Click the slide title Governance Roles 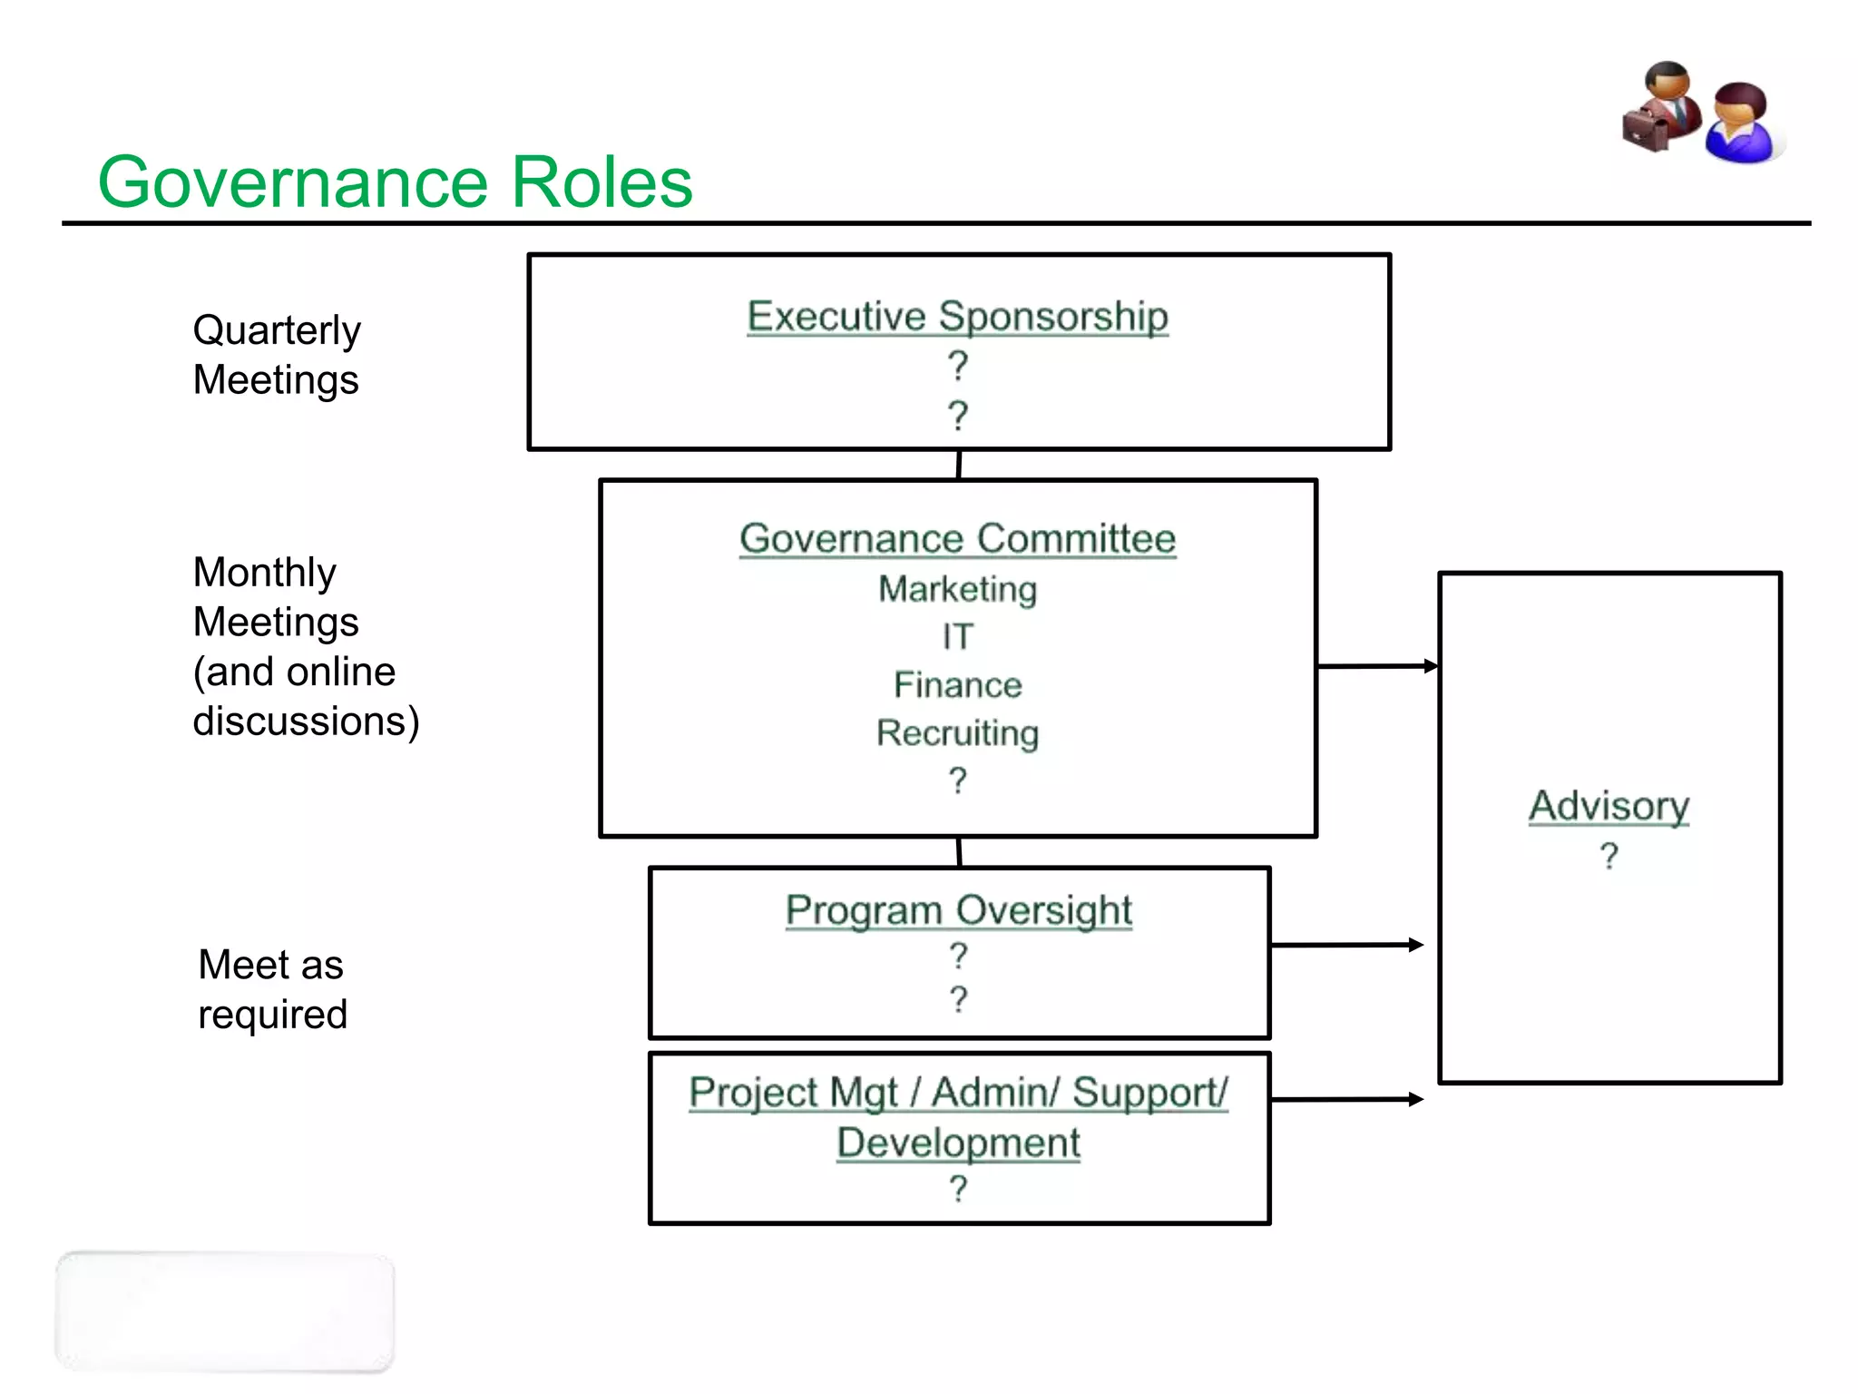pyautogui.click(x=395, y=182)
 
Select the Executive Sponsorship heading pyautogui.click(x=957, y=317)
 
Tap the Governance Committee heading pyautogui.click(x=957, y=538)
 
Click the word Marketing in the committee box pyautogui.click(x=957, y=590)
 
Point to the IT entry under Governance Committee pyautogui.click(x=957, y=637)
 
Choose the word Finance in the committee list pyautogui.click(x=957, y=685)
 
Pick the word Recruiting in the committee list pyautogui.click(x=957, y=733)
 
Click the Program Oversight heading pyautogui.click(x=958, y=910)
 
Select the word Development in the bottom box pyautogui.click(x=958, y=1143)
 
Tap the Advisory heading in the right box pyautogui.click(x=1609, y=806)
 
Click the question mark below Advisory pyautogui.click(x=1609, y=856)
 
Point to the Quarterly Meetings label pyautogui.click(x=277, y=355)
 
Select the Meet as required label pyautogui.click(x=272, y=989)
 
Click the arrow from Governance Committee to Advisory pyautogui.click(x=1377, y=666)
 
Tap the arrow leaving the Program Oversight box pyautogui.click(x=1346, y=945)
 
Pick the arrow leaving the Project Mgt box pyautogui.click(x=1346, y=1099)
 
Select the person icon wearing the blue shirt pyautogui.click(x=1740, y=124)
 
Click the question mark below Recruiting pyautogui.click(x=957, y=780)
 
